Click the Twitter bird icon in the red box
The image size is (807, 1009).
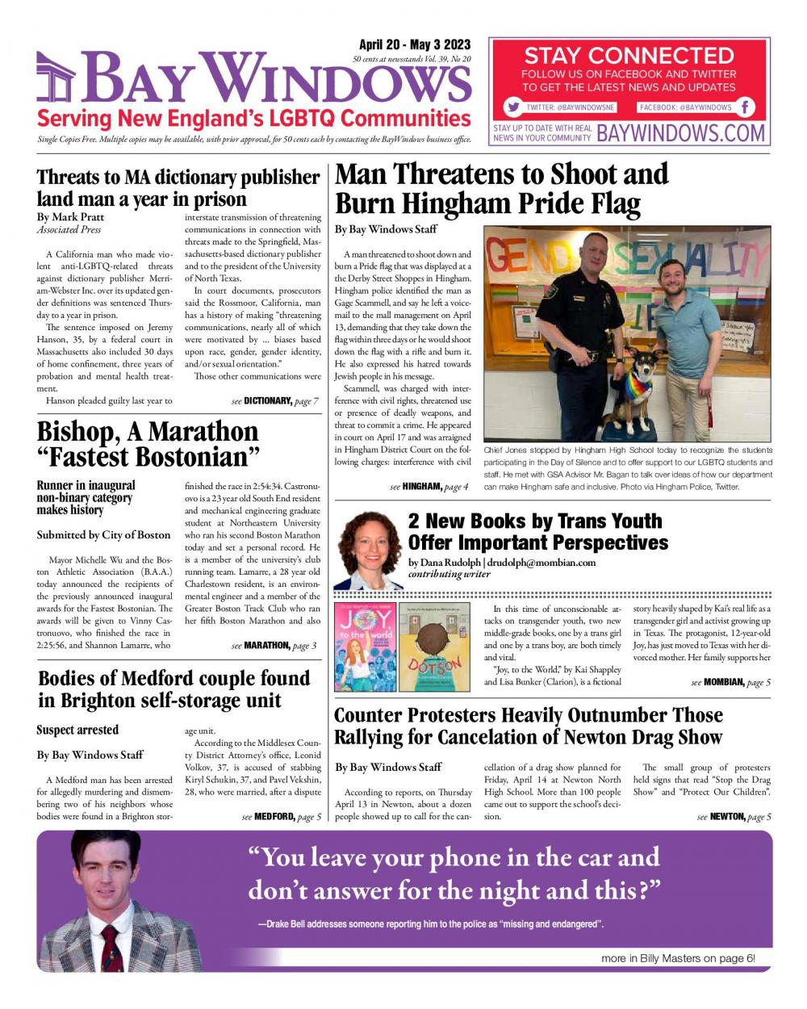click(x=512, y=107)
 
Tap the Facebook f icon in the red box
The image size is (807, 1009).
click(x=746, y=107)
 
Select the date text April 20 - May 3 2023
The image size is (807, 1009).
click(x=414, y=45)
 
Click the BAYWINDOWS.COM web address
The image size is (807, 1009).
click(x=680, y=133)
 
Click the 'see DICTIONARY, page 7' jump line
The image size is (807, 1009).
click(x=274, y=400)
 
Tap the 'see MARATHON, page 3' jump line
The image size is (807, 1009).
click(x=274, y=645)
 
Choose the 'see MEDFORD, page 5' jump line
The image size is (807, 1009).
click(x=282, y=817)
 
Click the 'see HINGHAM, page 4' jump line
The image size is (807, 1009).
click(x=429, y=486)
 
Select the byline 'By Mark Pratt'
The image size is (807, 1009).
click(x=71, y=217)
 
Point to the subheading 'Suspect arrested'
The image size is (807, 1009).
click(x=77, y=730)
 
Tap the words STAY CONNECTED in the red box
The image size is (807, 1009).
click(x=629, y=56)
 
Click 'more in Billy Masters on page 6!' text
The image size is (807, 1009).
click(x=678, y=958)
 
